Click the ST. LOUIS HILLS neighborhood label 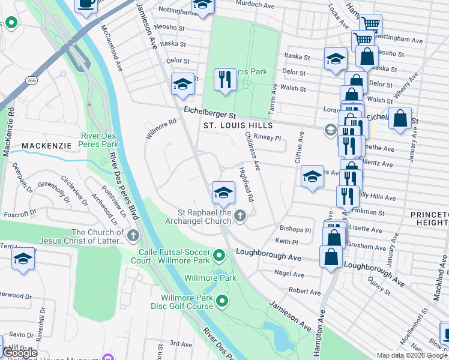pyautogui.click(x=238, y=125)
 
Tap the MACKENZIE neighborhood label pyautogui.click(x=47, y=146)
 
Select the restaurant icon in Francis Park pyautogui.click(x=225, y=80)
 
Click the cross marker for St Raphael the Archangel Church pyautogui.click(x=240, y=215)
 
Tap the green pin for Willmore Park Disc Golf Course pyautogui.click(x=223, y=300)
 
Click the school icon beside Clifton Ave pyautogui.click(x=312, y=177)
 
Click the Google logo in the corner pyautogui.click(x=20, y=353)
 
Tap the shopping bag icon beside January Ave pyautogui.click(x=400, y=119)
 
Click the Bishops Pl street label pyautogui.click(x=296, y=230)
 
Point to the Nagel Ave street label pyautogui.click(x=289, y=274)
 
